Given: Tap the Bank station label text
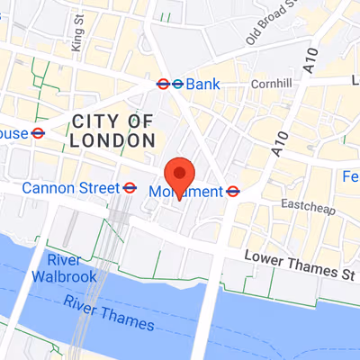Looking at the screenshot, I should [x=203, y=84].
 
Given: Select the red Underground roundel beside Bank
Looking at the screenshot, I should [x=163, y=84].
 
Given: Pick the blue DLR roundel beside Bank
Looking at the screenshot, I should [x=177, y=84].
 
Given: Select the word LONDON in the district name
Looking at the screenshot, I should [x=112, y=140].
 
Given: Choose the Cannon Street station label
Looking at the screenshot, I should [x=70, y=187].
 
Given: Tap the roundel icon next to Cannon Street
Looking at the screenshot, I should [x=130, y=187].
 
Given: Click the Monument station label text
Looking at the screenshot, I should [x=186, y=192].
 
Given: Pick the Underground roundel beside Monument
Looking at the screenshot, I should [x=232, y=191].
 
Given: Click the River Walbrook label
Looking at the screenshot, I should [x=63, y=268].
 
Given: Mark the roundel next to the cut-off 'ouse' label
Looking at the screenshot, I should [x=38, y=133].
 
